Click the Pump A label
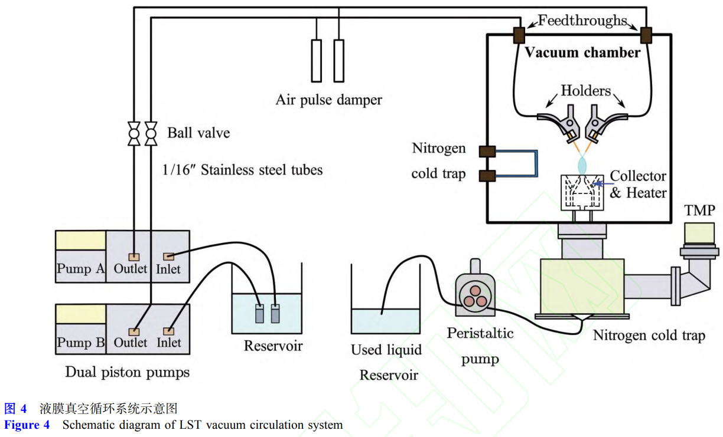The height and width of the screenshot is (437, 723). (x=80, y=269)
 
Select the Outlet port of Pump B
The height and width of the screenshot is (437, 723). (x=135, y=331)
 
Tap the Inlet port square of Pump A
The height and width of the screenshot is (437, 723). (x=168, y=256)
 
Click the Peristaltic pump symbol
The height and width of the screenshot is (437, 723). (x=475, y=294)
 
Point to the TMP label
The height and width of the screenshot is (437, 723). (x=699, y=211)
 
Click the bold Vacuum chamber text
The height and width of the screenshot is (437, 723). (x=583, y=53)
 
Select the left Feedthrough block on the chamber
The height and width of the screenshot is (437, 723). (x=519, y=35)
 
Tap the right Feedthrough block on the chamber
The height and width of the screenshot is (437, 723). (x=646, y=35)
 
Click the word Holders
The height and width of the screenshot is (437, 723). (x=585, y=91)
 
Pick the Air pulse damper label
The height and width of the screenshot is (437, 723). (x=328, y=100)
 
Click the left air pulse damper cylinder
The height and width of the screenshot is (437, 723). (x=317, y=60)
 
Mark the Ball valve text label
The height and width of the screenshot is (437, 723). (x=198, y=133)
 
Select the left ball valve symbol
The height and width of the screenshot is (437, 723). (x=133, y=134)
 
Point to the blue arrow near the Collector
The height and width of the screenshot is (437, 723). (x=600, y=184)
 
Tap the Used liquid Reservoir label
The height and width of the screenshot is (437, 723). (x=386, y=362)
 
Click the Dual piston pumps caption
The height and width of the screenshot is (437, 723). (x=128, y=372)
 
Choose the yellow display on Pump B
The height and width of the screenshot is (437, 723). (x=80, y=314)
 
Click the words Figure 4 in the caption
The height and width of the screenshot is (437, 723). (x=27, y=425)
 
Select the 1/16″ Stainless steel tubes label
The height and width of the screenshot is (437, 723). (x=243, y=170)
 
